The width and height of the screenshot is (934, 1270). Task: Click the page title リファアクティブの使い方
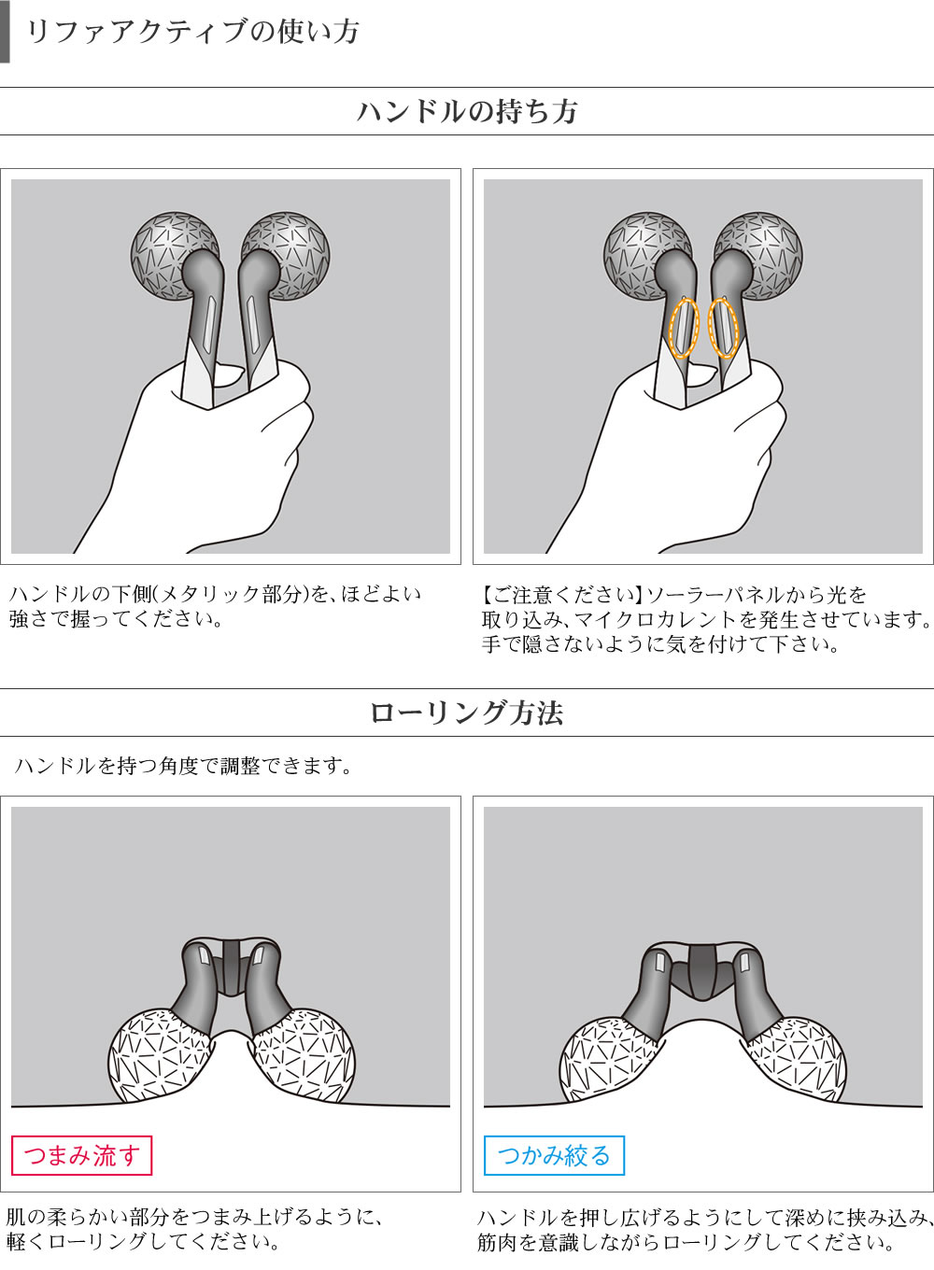tap(191, 32)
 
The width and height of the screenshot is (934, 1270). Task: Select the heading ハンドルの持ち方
tap(467, 112)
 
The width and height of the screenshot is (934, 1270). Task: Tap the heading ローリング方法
tap(467, 713)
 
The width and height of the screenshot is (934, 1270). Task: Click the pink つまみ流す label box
tap(81, 1156)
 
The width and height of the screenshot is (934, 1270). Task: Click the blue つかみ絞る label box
tap(554, 1156)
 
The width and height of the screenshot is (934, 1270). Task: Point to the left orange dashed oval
tap(684, 328)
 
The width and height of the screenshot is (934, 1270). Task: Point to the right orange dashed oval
tap(723, 328)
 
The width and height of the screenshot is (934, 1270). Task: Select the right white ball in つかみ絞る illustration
tap(799, 1059)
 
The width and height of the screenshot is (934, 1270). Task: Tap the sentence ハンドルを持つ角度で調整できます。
tap(183, 767)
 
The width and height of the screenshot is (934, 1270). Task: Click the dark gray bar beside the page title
tap(5, 32)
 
